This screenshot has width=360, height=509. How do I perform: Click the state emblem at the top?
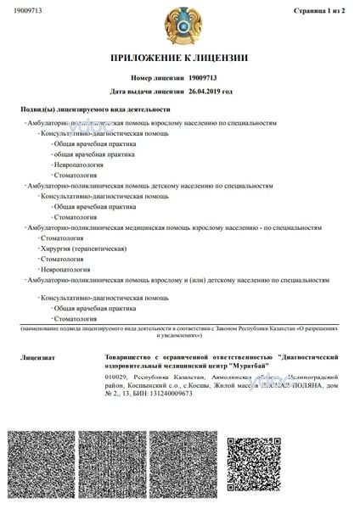point(179,25)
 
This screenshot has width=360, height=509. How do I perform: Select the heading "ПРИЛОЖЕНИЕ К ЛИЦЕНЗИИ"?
point(180,58)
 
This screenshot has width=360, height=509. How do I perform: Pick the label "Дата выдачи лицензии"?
point(148,90)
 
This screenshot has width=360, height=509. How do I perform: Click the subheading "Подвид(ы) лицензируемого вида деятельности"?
point(95,110)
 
